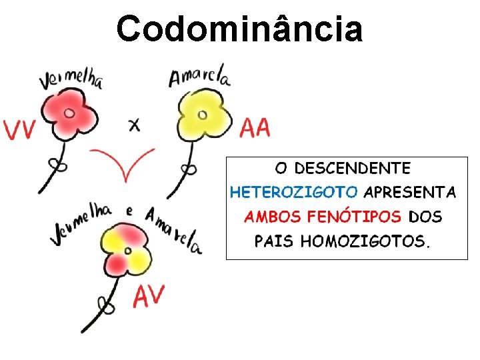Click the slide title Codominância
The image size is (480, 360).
[240, 28]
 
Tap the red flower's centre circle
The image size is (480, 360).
[69, 113]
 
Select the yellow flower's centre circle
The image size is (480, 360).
[203, 115]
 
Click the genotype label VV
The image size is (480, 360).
[19, 129]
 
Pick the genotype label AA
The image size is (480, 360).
[255, 127]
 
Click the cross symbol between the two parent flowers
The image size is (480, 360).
[135, 124]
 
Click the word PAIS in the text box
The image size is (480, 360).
[274, 241]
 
